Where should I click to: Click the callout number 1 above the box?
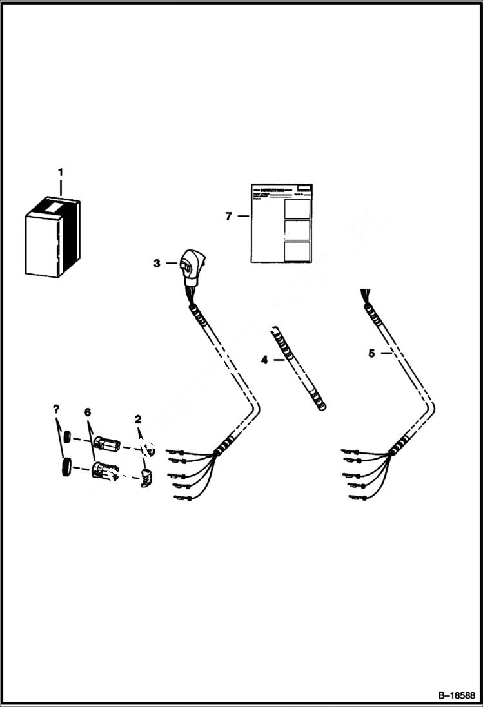(x=61, y=173)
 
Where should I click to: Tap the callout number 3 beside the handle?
(x=157, y=263)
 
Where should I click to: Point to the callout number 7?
(x=229, y=217)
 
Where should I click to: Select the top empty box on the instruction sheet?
(x=297, y=208)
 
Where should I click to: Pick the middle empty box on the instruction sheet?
(x=297, y=230)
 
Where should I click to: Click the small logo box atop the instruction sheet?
(x=304, y=188)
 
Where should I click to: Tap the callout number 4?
(x=264, y=360)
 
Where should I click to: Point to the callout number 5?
(x=371, y=353)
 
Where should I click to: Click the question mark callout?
(x=56, y=409)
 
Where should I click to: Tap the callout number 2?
(x=138, y=420)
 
